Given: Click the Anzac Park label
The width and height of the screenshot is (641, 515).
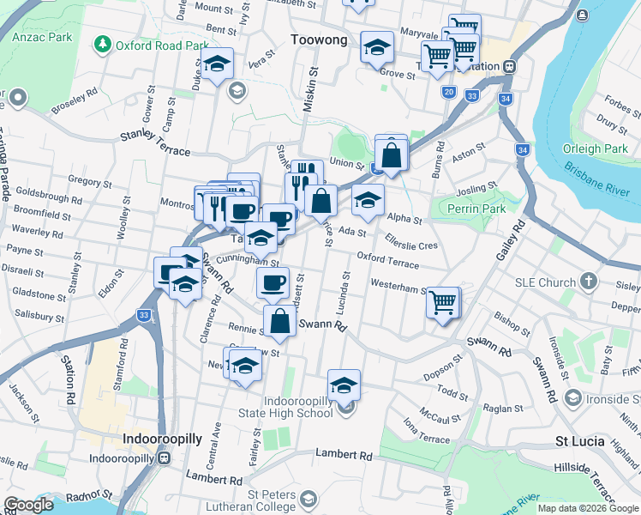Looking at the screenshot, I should [x=49, y=38].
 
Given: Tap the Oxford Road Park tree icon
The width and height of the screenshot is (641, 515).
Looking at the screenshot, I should [x=103, y=44].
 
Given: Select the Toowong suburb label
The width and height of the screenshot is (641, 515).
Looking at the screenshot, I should [x=319, y=39].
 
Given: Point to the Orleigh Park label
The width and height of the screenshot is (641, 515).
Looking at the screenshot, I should [x=595, y=148].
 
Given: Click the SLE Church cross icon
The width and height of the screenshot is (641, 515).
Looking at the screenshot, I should [x=588, y=282].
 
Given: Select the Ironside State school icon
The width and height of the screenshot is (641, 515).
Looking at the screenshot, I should [x=572, y=397].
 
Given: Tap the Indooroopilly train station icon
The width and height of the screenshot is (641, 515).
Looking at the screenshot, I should [x=166, y=457].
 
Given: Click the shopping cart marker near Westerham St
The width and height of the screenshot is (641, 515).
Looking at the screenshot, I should [x=443, y=301].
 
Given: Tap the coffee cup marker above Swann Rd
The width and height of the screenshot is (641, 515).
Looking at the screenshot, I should [x=273, y=282].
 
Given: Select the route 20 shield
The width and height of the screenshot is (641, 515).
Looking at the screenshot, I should [x=448, y=92].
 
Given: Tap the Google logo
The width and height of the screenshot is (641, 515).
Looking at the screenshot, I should [x=28, y=505].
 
